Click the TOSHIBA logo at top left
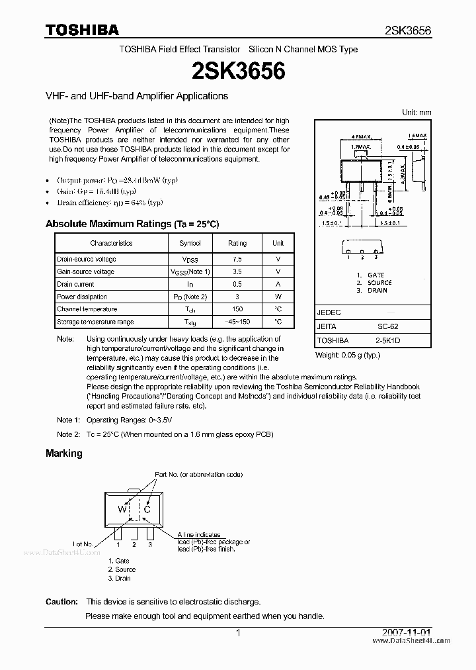pos(82,30)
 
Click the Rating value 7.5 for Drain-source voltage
pos(237,260)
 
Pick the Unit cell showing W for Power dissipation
pos(278,297)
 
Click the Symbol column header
pos(190,243)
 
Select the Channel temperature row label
pos(87,309)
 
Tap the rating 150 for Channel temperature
pos(237,309)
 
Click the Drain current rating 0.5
pos(237,285)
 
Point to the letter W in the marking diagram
pos(122,509)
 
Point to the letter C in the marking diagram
pos(147,509)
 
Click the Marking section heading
pos(64,454)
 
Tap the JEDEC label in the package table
pos(329,312)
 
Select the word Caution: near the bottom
pos(62,602)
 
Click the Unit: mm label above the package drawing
pos(416,113)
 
